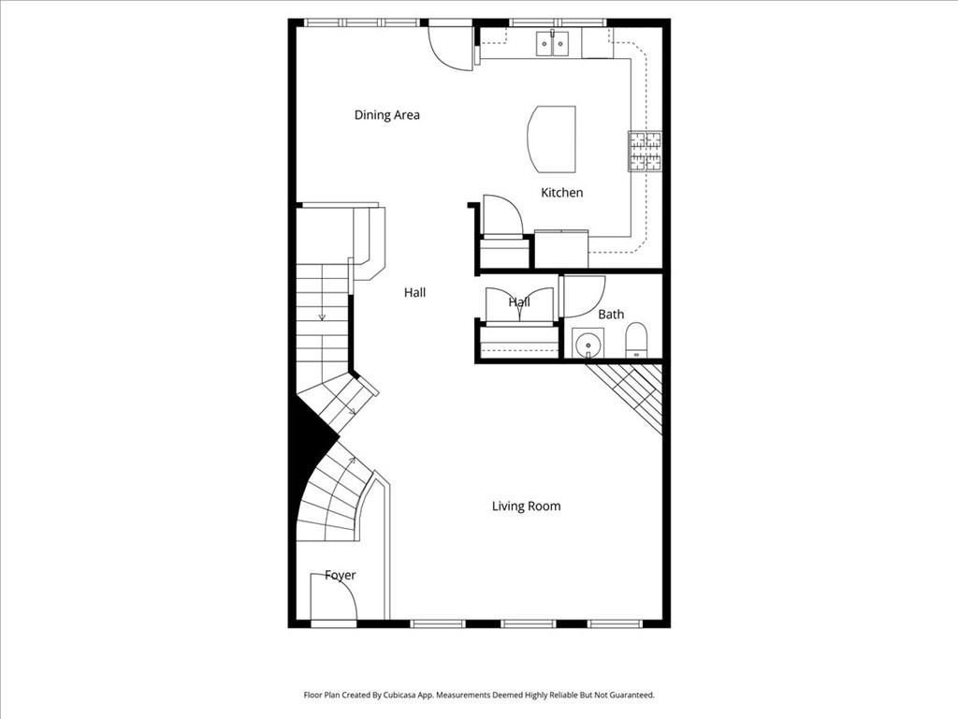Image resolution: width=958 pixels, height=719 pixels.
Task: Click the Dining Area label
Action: pyautogui.click(x=386, y=115)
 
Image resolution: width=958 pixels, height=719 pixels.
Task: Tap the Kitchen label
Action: pyautogui.click(x=561, y=193)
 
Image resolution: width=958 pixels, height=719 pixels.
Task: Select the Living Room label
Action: pyautogui.click(x=526, y=506)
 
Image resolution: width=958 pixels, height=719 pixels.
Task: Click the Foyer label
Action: pyautogui.click(x=340, y=575)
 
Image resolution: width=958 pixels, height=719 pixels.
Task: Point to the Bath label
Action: pyautogui.click(x=611, y=315)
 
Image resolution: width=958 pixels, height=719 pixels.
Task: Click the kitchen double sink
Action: pyautogui.click(x=553, y=43)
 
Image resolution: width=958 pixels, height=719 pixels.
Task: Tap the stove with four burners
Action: pyautogui.click(x=645, y=151)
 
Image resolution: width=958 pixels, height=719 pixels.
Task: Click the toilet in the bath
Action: pyautogui.click(x=636, y=341)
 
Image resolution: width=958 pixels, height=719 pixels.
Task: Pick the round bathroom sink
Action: pyautogui.click(x=588, y=344)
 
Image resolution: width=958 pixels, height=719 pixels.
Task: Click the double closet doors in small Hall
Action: pyautogui.click(x=519, y=305)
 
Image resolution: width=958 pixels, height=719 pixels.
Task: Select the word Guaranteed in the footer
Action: pyautogui.click(x=628, y=696)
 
